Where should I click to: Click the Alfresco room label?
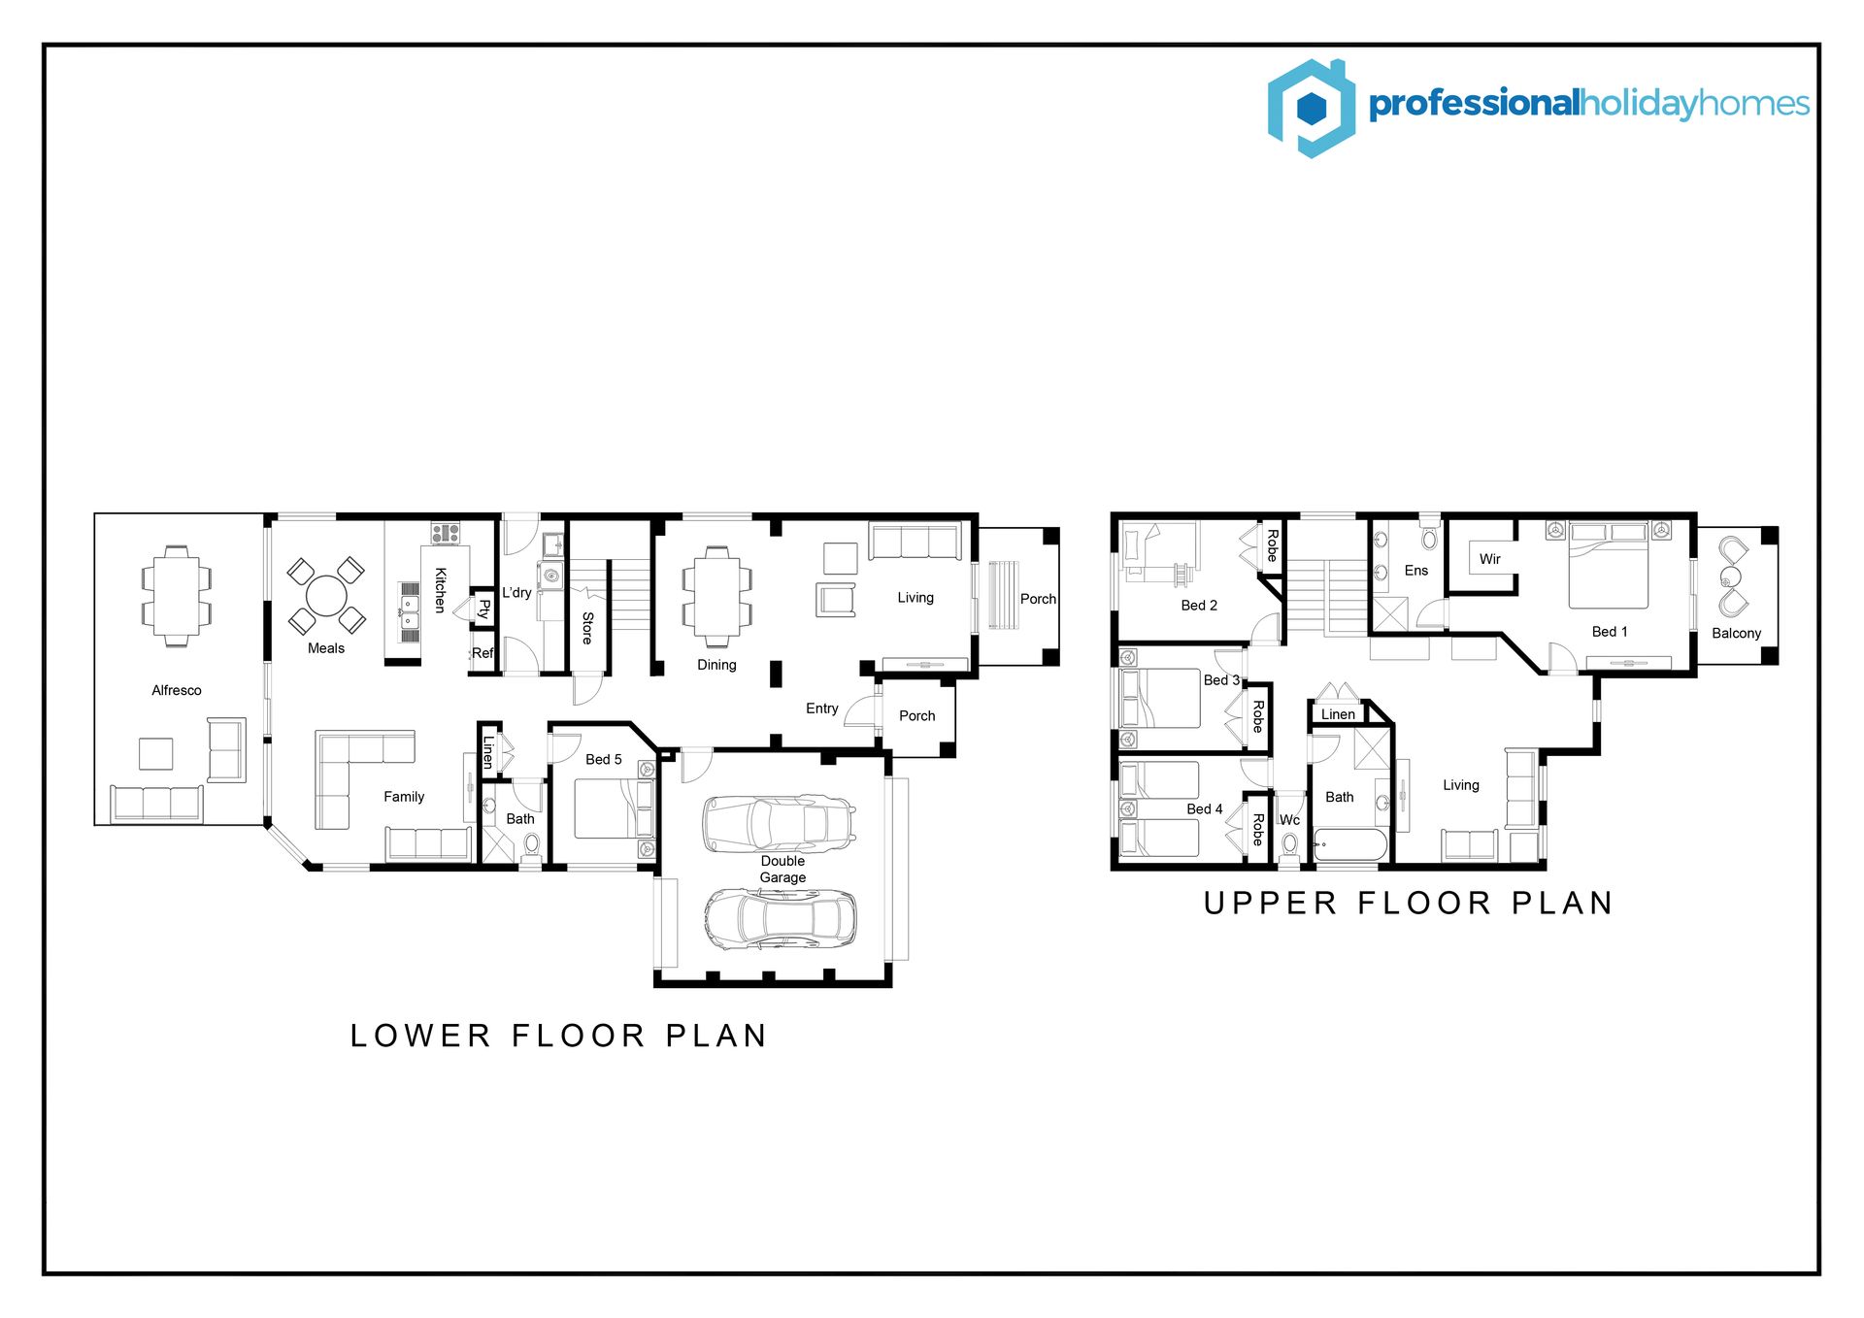coord(177,690)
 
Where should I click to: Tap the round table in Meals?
coord(326,596)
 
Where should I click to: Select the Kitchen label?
coord(440,590)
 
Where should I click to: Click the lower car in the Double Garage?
coord(781,919)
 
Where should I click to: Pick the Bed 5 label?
coord(604,759)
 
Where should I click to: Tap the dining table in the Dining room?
coord(716,596)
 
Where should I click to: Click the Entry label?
coord(822,708)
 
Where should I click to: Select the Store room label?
coord(587,628)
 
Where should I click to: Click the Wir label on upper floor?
coord(1490,559)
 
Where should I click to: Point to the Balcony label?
coord(1737,633)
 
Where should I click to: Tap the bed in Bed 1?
coord(1609,566)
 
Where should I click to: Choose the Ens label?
coord(1416,571)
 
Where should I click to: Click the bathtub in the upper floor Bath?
coord(1350,844)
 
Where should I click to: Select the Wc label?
coord(1289,820)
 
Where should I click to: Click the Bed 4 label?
coord(1205,808)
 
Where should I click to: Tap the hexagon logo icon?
coord(1312,108)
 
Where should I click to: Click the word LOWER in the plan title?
coord(420,1036)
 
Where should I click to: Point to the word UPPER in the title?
coord(1271,904)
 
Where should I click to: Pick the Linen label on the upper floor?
coord(1338,714)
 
